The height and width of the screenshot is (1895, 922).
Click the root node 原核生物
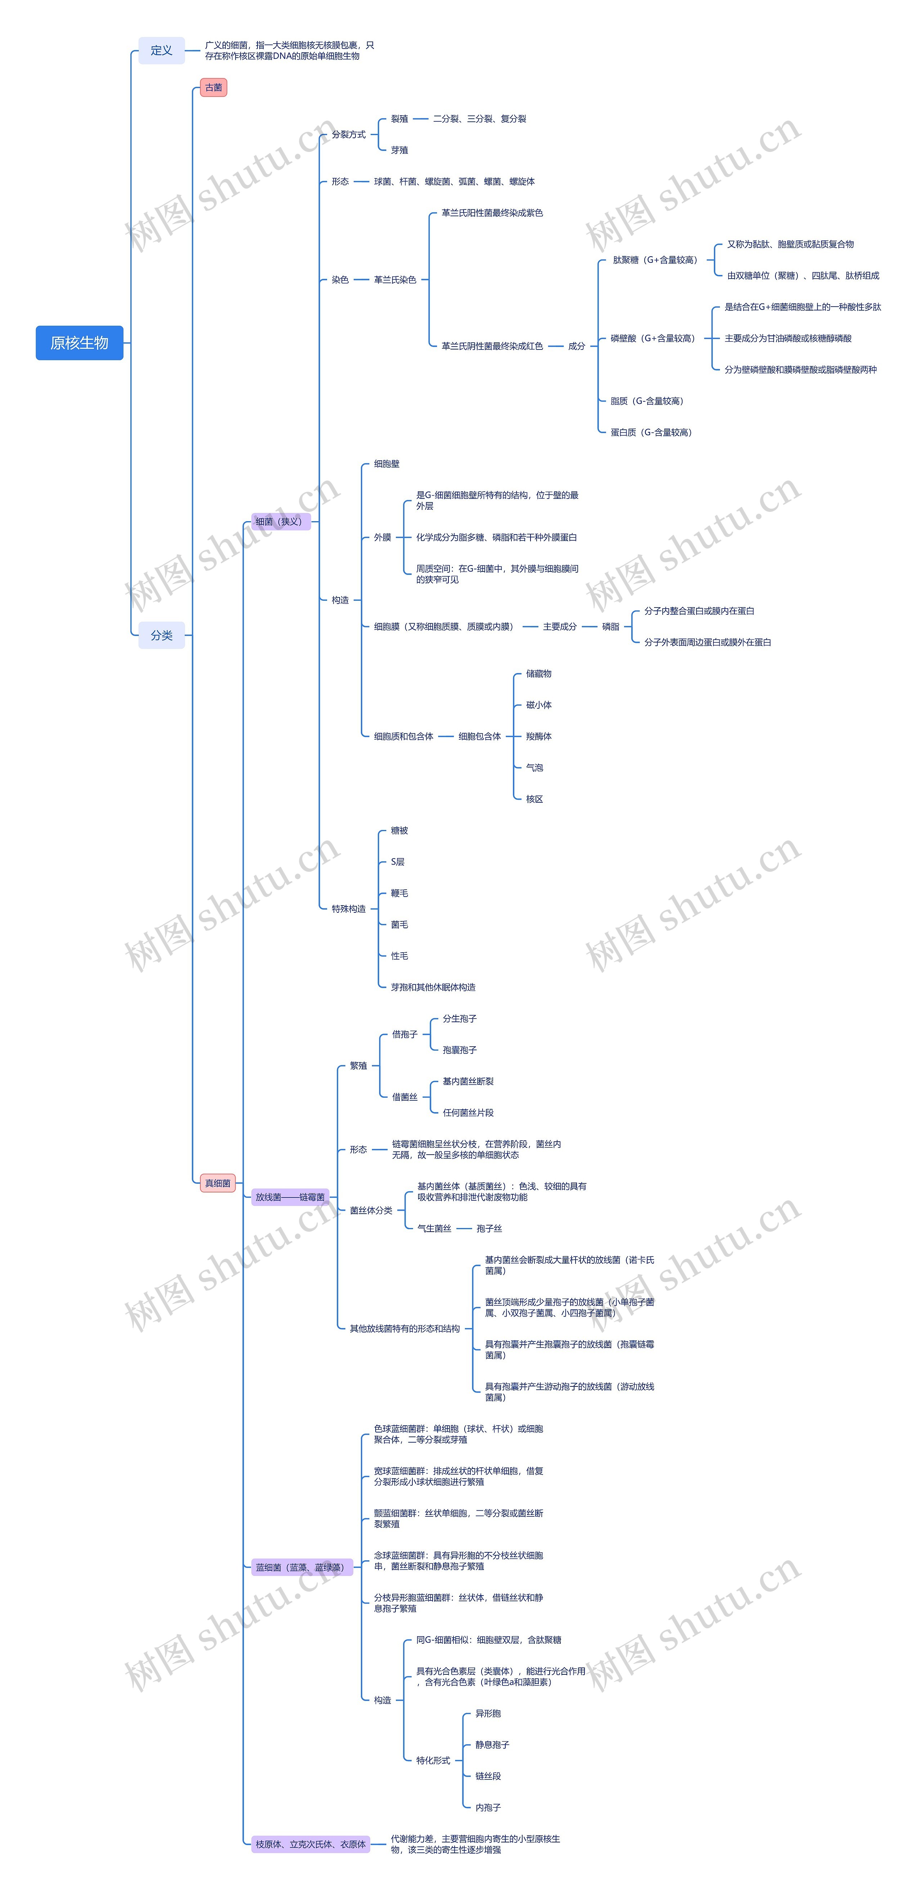[80, 343]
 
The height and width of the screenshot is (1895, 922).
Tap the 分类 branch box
[161, 635]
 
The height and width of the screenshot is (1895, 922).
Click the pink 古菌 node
[213, 87]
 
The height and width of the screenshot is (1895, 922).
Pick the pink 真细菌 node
[218, 1183]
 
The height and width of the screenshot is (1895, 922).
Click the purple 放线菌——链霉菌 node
[290, 1197]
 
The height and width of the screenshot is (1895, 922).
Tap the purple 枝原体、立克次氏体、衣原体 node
[310, 1844]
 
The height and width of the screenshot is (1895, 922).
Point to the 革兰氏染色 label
[395, 280]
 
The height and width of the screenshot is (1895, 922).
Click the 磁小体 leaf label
[539, 705]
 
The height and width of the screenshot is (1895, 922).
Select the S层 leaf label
[397, 861]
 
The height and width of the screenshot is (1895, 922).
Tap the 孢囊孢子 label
[459, 1050]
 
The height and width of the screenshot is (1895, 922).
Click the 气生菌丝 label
[434, 1228]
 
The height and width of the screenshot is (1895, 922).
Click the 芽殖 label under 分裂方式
[399, 150]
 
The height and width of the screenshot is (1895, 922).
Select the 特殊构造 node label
[348, 908]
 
